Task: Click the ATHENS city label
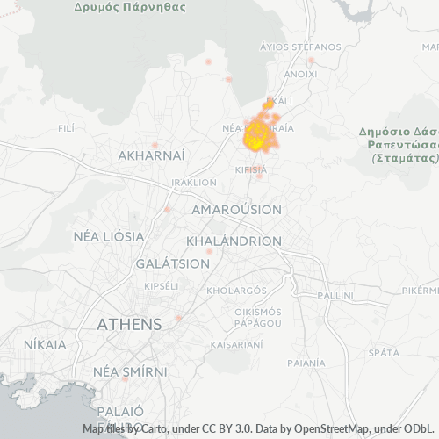pos(129,324)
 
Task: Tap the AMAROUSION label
pos(236,210)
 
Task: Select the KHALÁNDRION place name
pos(234,241)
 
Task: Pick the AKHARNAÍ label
pos(151,155)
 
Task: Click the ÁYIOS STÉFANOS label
pos(300,47)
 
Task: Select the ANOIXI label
pos(300,75)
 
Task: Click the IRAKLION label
pos(195,182)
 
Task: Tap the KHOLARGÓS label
pos(236,290)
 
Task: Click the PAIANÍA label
pos(306,362)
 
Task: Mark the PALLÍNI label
pos(335,295)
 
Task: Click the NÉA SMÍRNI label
pos(130,371)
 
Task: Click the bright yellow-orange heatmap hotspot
pos(256,135)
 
